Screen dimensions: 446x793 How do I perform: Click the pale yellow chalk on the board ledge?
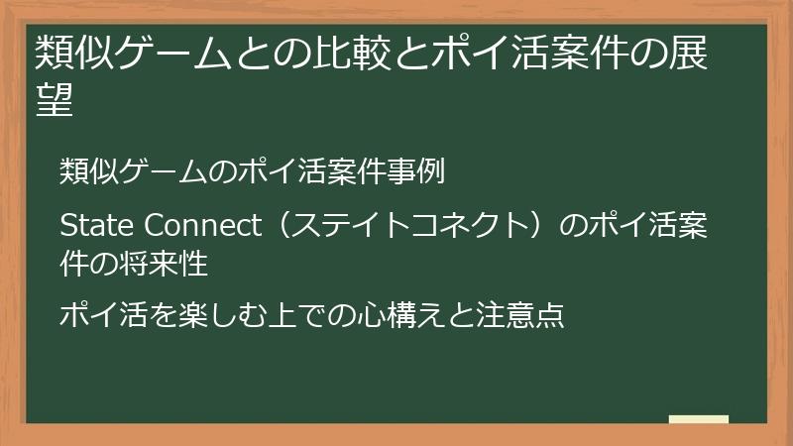point(699,418)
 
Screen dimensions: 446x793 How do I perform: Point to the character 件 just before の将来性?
point(74,265)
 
